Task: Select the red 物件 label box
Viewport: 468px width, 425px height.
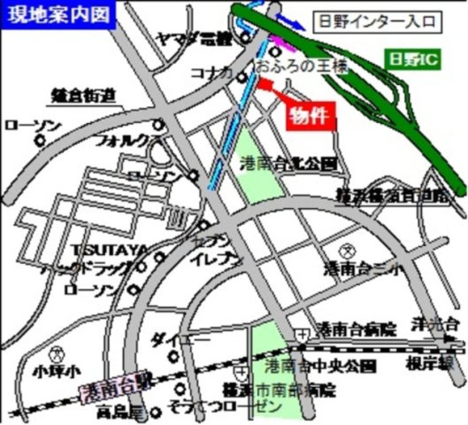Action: tap(311, 114)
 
